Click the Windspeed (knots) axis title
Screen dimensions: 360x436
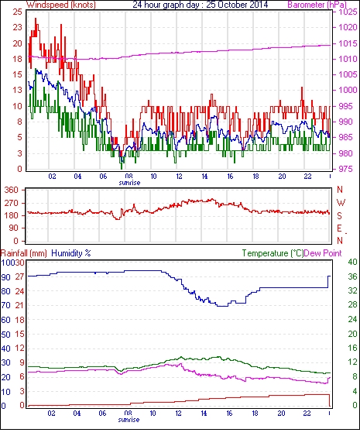tap(61, 5)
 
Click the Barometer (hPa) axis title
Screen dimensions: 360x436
tap(317, 5)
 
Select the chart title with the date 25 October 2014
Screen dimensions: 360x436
tap(201, 5)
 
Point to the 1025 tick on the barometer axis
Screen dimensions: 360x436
tap(348, 12)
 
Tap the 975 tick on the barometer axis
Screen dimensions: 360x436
tap(346, 169)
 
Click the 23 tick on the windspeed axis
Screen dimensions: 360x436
tap(18, 28)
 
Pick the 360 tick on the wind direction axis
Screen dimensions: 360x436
tap(12, 191)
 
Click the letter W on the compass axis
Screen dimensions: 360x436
tap(341, 203)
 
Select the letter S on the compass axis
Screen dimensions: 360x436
tap(339, 215)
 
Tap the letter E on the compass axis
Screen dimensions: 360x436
tap(339, 228)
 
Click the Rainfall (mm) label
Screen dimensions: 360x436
tap(24, 253)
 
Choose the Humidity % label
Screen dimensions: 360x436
tap(71, 253)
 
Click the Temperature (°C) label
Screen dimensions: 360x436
tap(273, 253)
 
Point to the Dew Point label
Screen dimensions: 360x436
tap(323, 253)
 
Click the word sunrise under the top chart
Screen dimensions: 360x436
tap(129, 183)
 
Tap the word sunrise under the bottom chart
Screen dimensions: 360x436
tap(129, 420)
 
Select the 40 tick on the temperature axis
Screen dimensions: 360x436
tap(353, 262)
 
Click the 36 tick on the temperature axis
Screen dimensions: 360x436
tap(353, 276)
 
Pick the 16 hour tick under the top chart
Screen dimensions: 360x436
tap(230, 177)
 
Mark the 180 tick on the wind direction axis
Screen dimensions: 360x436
tap(12, 215)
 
